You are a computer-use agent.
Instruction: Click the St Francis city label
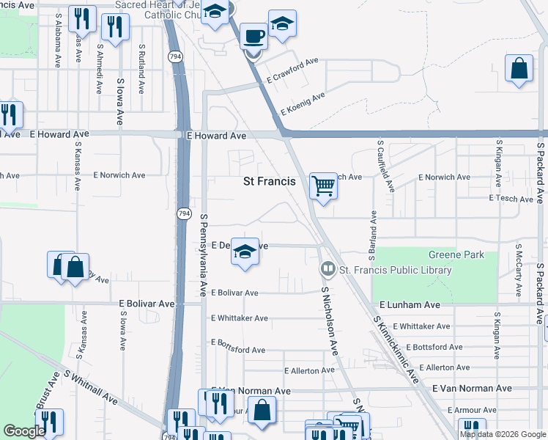pyautogui.click(x=269, y=180)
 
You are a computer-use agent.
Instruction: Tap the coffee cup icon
pyautogui.click(x=253, y=36)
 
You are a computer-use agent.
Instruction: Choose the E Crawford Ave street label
pyautogui.click(x=292, y=70)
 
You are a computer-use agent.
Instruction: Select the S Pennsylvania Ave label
pyautogui.click(x=204, y=255)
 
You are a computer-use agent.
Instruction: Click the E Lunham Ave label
pyautogui.click(x=410, y=304)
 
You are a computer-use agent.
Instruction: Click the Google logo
pyautogui.click(x=24, y=431)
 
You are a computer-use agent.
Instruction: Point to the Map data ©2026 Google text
pyautogui.click(x=502, y=434)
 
